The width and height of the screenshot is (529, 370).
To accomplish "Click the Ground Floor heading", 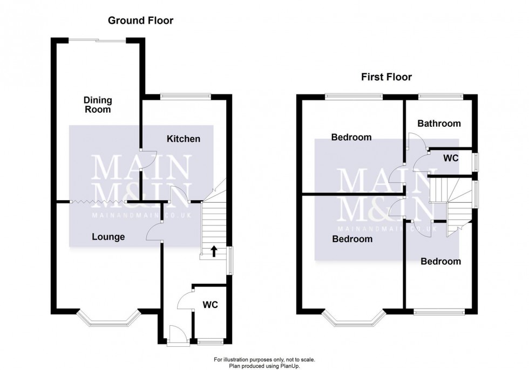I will point(140,21).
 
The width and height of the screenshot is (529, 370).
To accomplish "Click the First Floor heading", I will point(386,77).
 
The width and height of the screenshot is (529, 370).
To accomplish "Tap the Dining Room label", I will point(98,105).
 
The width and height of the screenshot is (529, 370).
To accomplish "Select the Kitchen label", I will point(184,139).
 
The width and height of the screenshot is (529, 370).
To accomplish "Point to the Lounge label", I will point(108,237).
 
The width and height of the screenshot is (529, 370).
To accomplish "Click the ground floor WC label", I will point(210,305).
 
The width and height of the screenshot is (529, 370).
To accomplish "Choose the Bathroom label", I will point(439,124).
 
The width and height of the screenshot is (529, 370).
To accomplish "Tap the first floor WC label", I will point(450,159).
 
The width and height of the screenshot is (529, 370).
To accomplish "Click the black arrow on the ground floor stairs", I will point(214,251).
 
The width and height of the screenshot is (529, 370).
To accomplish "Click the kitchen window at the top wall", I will point(184,97).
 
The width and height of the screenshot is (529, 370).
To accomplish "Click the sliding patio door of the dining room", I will point(97,39).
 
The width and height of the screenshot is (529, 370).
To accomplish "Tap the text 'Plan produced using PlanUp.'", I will point(264,365).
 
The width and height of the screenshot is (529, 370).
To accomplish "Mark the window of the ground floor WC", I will point(210,341).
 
